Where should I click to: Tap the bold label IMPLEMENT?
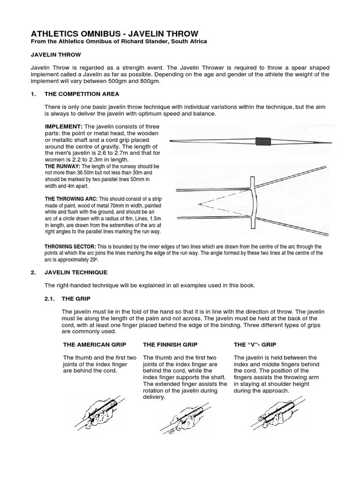coord(64,127)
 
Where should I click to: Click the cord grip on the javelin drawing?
coord(261,141)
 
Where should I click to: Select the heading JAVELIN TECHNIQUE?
coord(76,272)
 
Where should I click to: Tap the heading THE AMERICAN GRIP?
coord(94,345)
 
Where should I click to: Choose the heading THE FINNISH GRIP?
coord(171,345)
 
